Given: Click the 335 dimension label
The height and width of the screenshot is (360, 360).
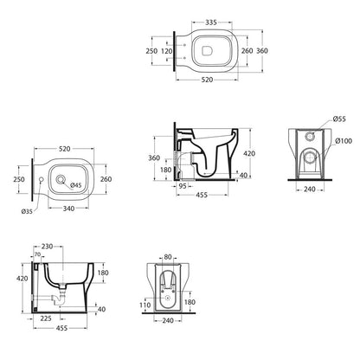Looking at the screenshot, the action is [211, 22].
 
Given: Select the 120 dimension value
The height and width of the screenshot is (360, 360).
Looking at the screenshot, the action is [166, 51].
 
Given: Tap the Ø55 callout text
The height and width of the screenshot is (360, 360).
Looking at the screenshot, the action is [339, 119].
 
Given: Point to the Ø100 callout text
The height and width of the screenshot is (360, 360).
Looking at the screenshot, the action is [344, 141].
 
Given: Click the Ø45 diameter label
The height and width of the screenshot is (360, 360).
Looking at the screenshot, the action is [75, 185].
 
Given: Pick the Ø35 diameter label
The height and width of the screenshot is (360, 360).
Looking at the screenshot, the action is [27, 211].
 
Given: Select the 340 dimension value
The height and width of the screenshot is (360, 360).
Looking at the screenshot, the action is [68, 209].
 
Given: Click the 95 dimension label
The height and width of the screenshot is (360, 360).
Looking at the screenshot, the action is [183, 186].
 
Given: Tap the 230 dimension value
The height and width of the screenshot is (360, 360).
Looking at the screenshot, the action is [47, 246].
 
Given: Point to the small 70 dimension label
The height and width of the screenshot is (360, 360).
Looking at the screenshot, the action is [37, 254].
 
